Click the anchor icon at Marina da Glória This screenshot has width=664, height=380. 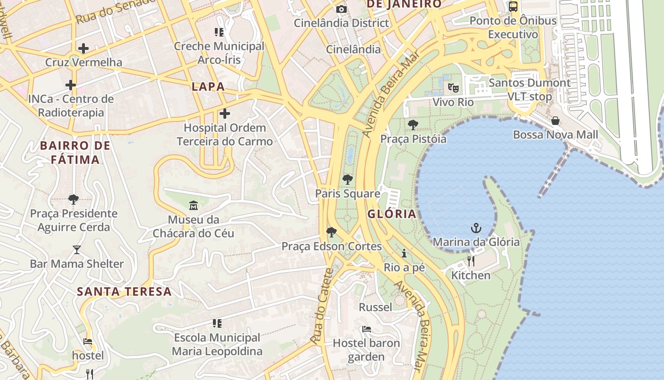coord(476,228)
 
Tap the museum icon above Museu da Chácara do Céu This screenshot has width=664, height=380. coord(194,206)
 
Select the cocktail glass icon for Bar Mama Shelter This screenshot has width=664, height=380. coord(77,250)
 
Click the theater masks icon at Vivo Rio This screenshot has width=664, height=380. coord(453,88)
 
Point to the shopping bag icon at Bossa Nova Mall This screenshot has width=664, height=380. coord(555,121)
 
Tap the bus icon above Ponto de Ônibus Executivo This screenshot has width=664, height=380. coord(513,7)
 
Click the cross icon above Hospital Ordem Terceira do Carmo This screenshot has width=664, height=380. coord(225,114)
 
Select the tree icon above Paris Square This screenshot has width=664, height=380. coord(348,180)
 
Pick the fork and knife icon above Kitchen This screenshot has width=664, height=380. coord(470,261)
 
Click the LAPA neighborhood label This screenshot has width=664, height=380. coord(208,86)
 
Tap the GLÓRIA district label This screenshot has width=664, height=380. coord(392,214)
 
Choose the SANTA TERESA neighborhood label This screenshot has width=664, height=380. coord(124,291)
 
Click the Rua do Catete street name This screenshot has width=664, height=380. coord(323,306)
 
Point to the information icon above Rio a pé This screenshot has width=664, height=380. coord(404,253)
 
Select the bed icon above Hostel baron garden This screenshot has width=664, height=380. coord(366,329)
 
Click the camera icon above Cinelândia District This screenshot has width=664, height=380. coord(341,9)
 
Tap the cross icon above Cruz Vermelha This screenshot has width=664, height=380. coord(83,48)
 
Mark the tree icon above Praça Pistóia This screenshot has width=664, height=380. coord(413,125)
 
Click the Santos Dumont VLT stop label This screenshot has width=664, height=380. coord(529,89)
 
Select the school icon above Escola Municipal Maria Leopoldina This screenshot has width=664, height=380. coord(217,323)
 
